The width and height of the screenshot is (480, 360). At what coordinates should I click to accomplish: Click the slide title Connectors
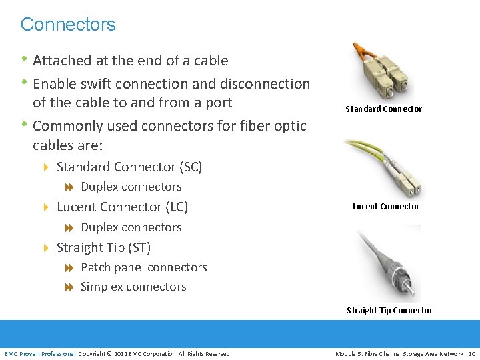68,25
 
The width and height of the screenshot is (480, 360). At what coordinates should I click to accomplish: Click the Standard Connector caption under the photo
383,109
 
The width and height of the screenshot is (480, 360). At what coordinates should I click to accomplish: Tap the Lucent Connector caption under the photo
385,206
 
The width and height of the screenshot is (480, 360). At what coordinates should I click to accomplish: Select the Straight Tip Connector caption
389,310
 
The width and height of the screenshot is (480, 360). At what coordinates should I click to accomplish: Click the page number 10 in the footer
471,353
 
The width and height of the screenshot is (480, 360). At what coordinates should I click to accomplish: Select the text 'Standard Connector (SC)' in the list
129,167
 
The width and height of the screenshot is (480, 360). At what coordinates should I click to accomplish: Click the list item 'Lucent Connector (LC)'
122,207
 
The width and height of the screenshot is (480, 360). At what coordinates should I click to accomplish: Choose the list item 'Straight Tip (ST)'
103,248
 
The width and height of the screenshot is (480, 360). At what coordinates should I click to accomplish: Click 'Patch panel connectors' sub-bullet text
143,267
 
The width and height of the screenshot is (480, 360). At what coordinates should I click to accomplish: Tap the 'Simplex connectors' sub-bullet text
133,287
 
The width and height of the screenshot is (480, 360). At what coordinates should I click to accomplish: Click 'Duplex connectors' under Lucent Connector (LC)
131,227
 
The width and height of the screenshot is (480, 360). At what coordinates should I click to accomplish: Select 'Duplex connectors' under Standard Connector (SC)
131,187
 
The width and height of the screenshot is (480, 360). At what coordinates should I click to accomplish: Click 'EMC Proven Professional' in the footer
41,353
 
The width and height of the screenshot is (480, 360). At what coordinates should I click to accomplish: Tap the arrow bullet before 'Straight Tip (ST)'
46,248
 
